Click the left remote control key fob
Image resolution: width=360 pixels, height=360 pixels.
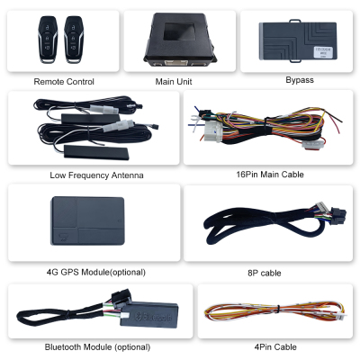tap(48, 40)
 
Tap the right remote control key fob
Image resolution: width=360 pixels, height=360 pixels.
tap(74, 40)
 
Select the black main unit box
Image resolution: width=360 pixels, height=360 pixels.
tap(179, 39)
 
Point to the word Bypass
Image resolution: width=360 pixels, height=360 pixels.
tap(300, 80)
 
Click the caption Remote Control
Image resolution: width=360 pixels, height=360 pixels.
tap(64, 82)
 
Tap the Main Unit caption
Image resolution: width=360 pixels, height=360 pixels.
tap(174, 82)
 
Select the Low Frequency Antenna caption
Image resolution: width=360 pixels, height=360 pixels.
tap(96, 175)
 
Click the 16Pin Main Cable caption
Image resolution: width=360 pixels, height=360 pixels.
tap(270, 175)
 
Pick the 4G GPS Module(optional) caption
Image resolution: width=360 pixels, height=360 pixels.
tap(96, 273)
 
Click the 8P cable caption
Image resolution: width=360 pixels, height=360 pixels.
tap(265, 273)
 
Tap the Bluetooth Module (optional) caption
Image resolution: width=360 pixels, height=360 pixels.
tap(97, 347)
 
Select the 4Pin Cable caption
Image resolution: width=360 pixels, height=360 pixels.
tap(275, 347)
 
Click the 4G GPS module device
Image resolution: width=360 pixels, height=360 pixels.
tap(87, 220)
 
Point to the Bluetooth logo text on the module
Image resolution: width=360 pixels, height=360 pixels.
tap(154, 316)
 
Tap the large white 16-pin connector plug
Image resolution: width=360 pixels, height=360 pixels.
tap(212, 130)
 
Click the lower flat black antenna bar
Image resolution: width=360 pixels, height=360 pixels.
tap(96, 152)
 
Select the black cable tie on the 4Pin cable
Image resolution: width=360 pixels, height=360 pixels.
tap(278, 310)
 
